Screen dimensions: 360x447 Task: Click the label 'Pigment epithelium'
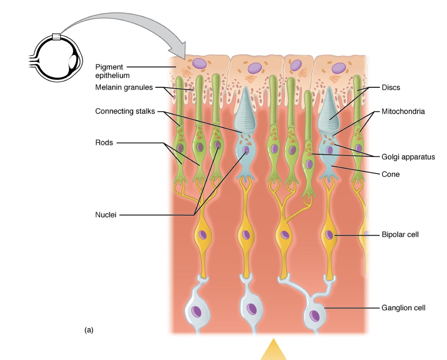[112, 71]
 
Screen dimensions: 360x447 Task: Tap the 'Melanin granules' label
[124, 87]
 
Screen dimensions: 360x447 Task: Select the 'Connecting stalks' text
[125, 111]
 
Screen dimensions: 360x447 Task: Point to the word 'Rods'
[104, 143]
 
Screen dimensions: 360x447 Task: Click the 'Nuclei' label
[106, 215]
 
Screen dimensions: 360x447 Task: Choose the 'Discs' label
[390, 87]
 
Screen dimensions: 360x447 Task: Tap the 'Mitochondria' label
[403, 111]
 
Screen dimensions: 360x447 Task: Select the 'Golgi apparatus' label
[408, 157]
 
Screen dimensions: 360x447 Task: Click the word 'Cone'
[390, 174]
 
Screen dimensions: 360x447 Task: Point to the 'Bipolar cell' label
[400, 235]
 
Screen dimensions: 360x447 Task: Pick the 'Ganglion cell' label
[403, 308]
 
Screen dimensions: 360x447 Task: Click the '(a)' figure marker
[89, 330]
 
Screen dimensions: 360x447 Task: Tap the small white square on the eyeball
[56, 36]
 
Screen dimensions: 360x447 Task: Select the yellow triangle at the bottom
[273, 351]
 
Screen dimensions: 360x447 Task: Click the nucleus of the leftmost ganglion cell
[196, 311]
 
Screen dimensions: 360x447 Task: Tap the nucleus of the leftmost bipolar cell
[203, 235]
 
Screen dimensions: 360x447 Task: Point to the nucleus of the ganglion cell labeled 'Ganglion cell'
[315, 315]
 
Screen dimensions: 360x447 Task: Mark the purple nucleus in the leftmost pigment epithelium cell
[199, 63]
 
